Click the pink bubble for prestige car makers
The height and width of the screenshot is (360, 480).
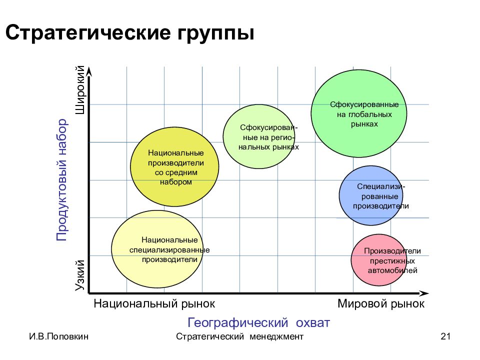tap(378, 260)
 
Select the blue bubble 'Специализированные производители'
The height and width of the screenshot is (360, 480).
tap(370, 195)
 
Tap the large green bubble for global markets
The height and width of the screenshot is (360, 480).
tap(359, 113)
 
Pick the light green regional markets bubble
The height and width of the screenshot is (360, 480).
tap(259, 136)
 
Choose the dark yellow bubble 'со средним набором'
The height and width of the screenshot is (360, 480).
tap(174, 167)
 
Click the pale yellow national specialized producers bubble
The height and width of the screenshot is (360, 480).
tap(157, 249)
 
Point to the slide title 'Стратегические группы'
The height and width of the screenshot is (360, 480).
tap(130, 32)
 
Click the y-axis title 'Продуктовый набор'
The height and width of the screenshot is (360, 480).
tap(61, 180)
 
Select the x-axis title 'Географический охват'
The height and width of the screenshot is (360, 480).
tap(258, 322)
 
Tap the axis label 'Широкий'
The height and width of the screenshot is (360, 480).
tap(80, 89)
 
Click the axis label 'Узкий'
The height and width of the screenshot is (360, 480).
tap(80, 275)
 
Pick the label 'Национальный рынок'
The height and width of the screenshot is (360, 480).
tap(154, 303)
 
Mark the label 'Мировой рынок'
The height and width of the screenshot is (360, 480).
tap(381, 303)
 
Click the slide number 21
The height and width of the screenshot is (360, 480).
tap(445, 336)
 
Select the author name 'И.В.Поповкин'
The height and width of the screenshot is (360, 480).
tap(59, 336)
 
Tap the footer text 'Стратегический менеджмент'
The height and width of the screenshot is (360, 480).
tap(239, 336)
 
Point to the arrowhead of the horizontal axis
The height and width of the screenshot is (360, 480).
tap(424, 293)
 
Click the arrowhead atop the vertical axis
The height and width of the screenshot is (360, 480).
tap(89, 71)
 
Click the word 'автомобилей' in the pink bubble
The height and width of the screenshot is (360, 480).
tap(392, 270)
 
